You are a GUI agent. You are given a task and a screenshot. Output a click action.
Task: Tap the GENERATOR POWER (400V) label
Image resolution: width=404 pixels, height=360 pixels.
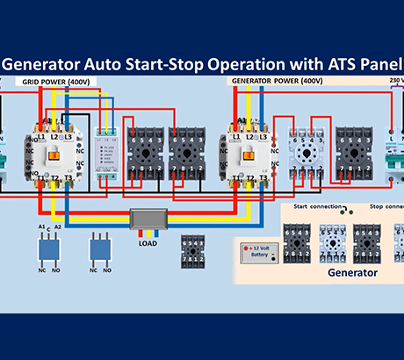coord(277,82)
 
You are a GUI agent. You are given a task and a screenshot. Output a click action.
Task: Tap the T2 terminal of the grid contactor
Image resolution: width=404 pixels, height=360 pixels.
coord(55,179)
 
